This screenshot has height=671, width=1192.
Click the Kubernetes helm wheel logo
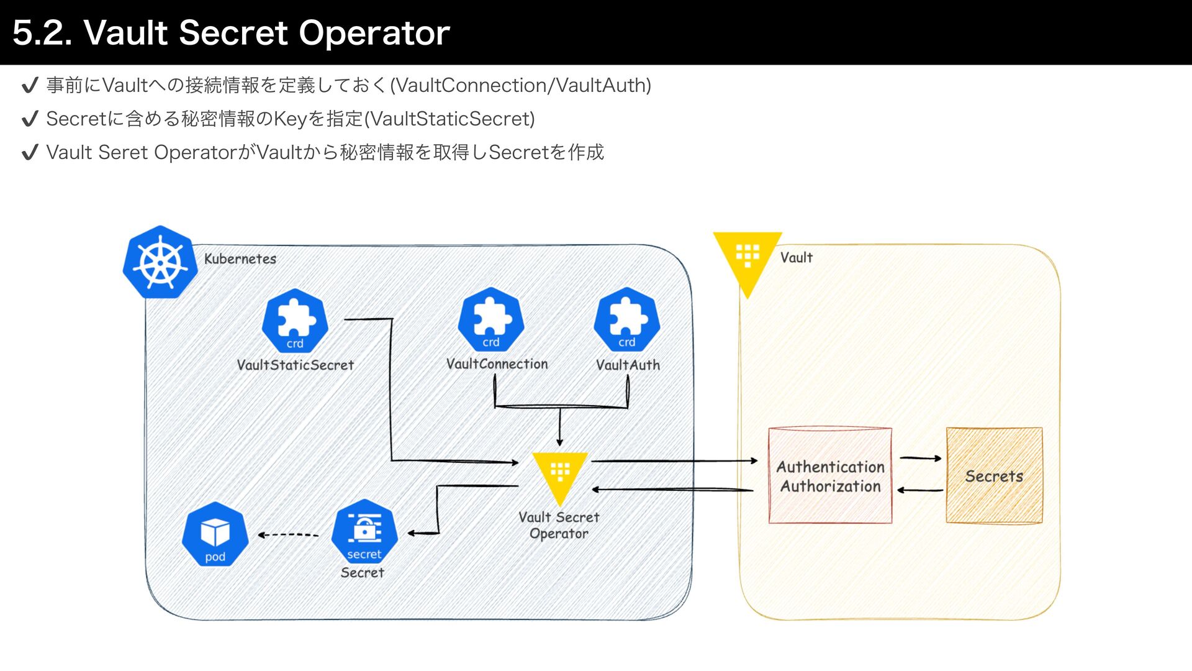pos(160,262)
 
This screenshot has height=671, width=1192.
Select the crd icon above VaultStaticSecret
pos(295,321)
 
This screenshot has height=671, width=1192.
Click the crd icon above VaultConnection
pos(491,320)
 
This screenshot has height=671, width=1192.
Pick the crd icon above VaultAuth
pos(627,320)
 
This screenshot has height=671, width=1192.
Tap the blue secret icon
pos(364,532)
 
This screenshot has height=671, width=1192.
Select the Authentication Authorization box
pos(830,475)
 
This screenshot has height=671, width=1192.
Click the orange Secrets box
pos(994,475)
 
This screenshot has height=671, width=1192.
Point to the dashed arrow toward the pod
pos(288,534)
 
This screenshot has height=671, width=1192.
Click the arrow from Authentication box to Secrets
pos(921,459)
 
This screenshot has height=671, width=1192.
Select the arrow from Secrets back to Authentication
pos(920,490)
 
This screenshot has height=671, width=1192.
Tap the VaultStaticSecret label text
pos(296,365)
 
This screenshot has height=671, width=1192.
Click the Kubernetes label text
pos(240,258)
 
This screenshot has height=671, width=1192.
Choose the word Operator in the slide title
pos(374,34)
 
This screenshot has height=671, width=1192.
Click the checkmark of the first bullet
pos(30,86)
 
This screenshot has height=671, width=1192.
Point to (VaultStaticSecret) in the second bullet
pos(449,119)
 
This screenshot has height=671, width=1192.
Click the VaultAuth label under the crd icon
pos(628,365)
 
